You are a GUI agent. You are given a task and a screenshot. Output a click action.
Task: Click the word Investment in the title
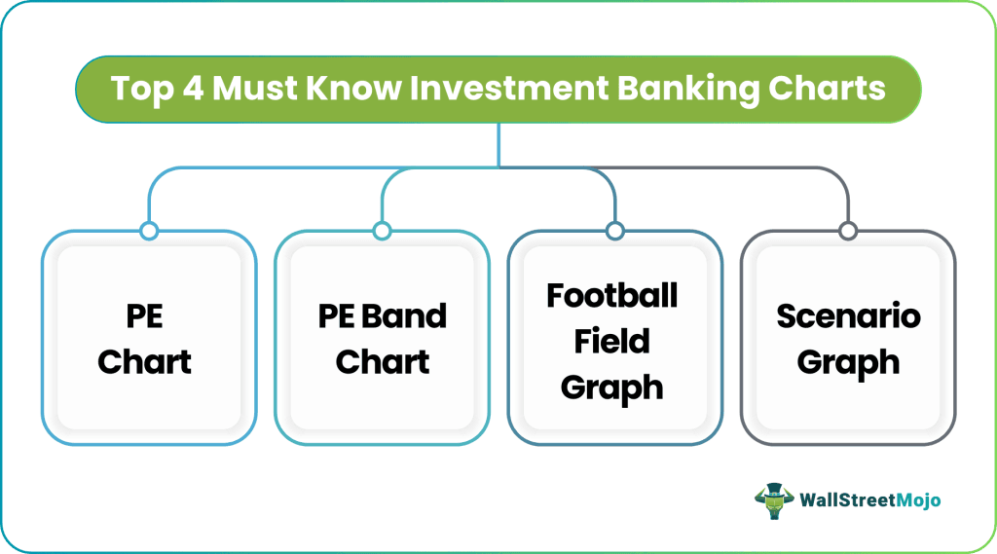click(502, 89)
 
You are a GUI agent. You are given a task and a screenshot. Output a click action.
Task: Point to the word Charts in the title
click(828, 89)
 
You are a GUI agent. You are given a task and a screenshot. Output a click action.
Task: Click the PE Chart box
click(148, 338)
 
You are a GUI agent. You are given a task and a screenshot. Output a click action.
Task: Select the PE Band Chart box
click(382, 338)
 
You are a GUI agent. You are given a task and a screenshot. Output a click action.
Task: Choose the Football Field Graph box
click(614, 338)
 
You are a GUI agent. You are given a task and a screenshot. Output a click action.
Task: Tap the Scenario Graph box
click(847, 338)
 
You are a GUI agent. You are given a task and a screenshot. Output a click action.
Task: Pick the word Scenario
click(847, 316)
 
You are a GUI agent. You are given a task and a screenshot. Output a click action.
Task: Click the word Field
click(611, 341)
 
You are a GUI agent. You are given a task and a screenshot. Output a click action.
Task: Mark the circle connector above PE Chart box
click(148, 231)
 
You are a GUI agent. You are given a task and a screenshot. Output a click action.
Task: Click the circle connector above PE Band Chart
click(382, 231)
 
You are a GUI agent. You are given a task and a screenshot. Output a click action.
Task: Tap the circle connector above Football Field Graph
click(614, 231)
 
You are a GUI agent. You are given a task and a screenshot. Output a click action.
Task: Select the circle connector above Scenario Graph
click(847, 231)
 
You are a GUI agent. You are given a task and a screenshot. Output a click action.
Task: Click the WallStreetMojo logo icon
click(773, 499)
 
